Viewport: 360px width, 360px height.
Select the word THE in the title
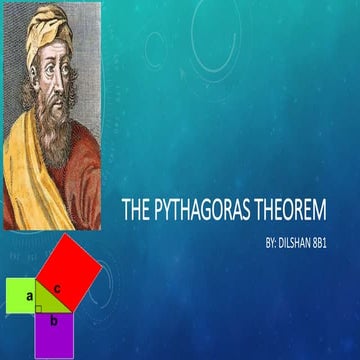click(x=135, y=211)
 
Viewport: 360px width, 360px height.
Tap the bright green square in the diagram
click(x=20, y=297)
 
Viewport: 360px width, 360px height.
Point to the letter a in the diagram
click(x=29, y=297)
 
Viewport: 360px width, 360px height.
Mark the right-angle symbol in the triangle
click(x=39, y=309)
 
